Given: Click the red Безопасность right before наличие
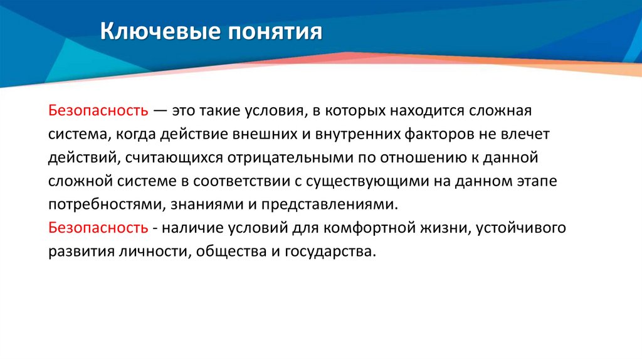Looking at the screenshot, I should pos(98,228).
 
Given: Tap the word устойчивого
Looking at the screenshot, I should pos(520,228).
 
